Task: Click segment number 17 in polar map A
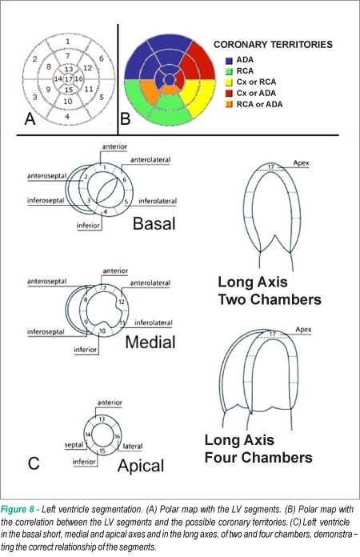point(69,79)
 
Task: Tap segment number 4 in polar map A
point(67,116)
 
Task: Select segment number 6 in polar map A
point(101,58)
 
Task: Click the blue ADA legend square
point(229,60)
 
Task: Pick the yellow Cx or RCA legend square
point(229,82)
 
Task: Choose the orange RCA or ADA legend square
point(229,104)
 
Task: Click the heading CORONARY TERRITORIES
point(273,44)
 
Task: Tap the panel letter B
point(126,118)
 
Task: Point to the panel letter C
point(34,463)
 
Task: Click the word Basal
point(154,224)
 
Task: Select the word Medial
point(150,342)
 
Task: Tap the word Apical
point(141,466)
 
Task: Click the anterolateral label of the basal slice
point(150,160)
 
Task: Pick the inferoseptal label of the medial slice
point(46,332)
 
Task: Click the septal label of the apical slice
point(74,445)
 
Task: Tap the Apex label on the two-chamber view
point(301,163)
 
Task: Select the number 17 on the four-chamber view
point(272,334)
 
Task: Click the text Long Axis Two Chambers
point(270,291)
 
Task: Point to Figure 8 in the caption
point(18,510)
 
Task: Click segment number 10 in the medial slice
point(102,331)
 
